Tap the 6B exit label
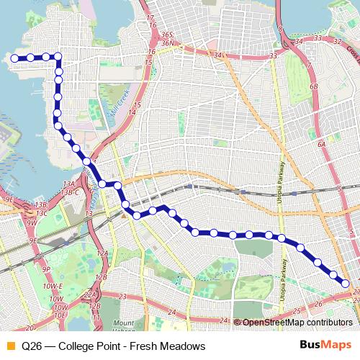(x=313, y=87)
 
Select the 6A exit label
(x=323, y=144)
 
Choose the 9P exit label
(x=45, y=269)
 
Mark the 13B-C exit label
(x=70, y=193)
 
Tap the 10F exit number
(x=60, y=315)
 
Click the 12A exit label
(x=103, y=253)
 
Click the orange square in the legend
(x=9, y=346)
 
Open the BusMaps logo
(x=325, y=345)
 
